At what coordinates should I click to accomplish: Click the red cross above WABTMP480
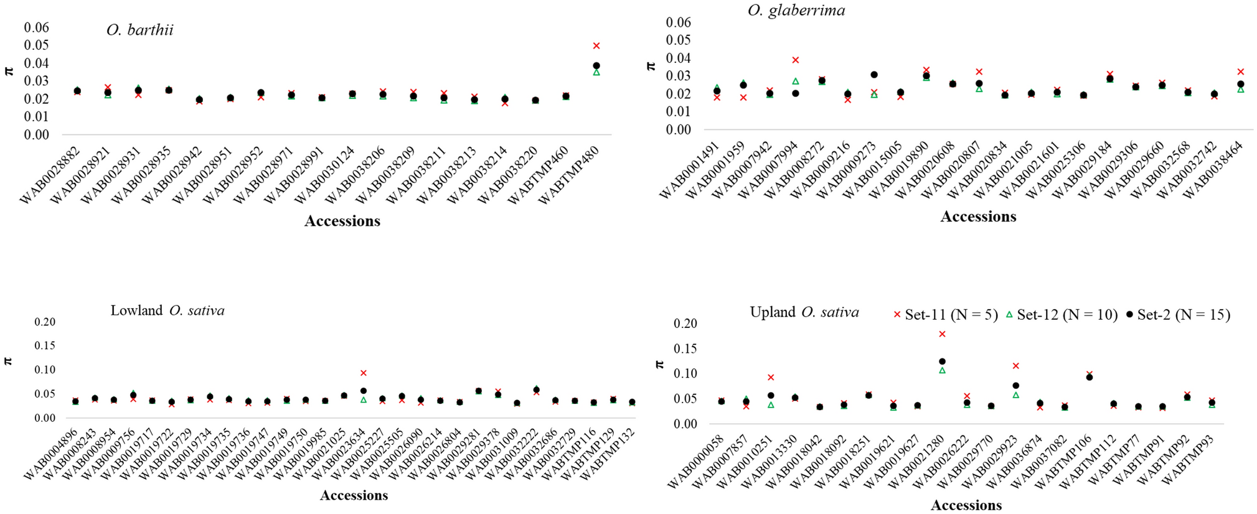click(x=596, y=46)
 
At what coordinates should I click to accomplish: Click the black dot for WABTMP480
click(x=596, y=65)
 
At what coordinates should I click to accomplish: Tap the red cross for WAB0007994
click(x=795, y=60)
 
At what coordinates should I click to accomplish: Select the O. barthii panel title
click(x=139, y=30)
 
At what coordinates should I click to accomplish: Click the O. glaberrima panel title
click(x=796, y=10)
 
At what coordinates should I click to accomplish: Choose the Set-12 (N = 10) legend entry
click(x=1061, y=315)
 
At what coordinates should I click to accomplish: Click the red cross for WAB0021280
click(x=942, y=334)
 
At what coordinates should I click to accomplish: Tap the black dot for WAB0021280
click(x=942, y=362)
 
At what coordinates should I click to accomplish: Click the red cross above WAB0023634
click(x=364, y=373)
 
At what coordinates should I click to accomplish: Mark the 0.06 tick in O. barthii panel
click(x=36, y=27)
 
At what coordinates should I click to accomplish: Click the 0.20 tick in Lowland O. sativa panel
click(x=45, y=322)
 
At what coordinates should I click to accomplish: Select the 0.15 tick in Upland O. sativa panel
click(x=685, y=348)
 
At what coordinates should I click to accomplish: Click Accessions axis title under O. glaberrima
click(x=977, y=217)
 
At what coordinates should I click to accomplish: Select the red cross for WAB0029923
click(x=1015, y=366)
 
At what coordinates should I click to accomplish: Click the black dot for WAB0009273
click(x=873, y=75)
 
